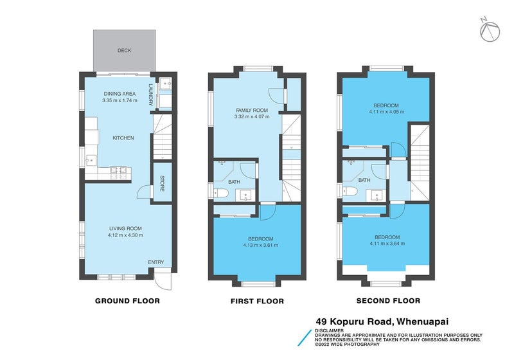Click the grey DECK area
pos(124,50)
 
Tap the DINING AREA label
pos(120,94)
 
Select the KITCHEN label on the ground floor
pos(123,138)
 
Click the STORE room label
pos(162,184)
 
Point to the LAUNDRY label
pos(151,95)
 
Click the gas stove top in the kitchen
pos(118,173)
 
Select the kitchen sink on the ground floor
pos(91,160)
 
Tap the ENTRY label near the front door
pos(155,262)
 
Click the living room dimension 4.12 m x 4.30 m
pos(125,235)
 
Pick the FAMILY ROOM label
pos(252,111)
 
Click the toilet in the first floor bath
pos(220,194)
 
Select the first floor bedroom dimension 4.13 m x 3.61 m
pos(261,245)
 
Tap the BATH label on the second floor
pos(364,181)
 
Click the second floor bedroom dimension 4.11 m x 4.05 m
pos(387,112)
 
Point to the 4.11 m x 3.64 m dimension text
pos(387,244)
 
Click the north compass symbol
pos(490,30)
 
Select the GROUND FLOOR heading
pos(127,301)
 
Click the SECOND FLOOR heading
pos(388,301)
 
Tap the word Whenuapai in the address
pos(423,321)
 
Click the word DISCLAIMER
pos(329,331)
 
